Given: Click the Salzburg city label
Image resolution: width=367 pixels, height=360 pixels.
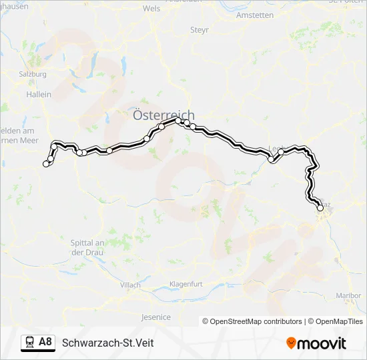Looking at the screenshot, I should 33,74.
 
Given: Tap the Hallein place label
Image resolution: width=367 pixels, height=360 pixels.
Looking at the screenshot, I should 38,95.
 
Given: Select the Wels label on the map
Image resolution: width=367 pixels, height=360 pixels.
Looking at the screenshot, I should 152,9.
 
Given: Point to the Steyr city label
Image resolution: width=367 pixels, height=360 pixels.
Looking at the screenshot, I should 200,30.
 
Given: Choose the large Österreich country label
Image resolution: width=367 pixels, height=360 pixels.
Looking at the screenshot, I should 163,115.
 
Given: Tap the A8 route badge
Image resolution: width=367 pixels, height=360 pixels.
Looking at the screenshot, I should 45,342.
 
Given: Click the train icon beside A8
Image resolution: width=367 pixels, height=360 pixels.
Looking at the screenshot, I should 29,343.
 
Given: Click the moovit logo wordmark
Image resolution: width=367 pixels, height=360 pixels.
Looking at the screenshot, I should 322,343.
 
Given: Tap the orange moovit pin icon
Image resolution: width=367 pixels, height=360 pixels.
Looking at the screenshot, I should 291,343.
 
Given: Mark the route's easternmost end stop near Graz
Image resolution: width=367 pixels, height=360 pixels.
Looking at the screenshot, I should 320,208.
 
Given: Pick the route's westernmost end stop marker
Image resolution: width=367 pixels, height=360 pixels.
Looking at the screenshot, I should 46,163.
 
